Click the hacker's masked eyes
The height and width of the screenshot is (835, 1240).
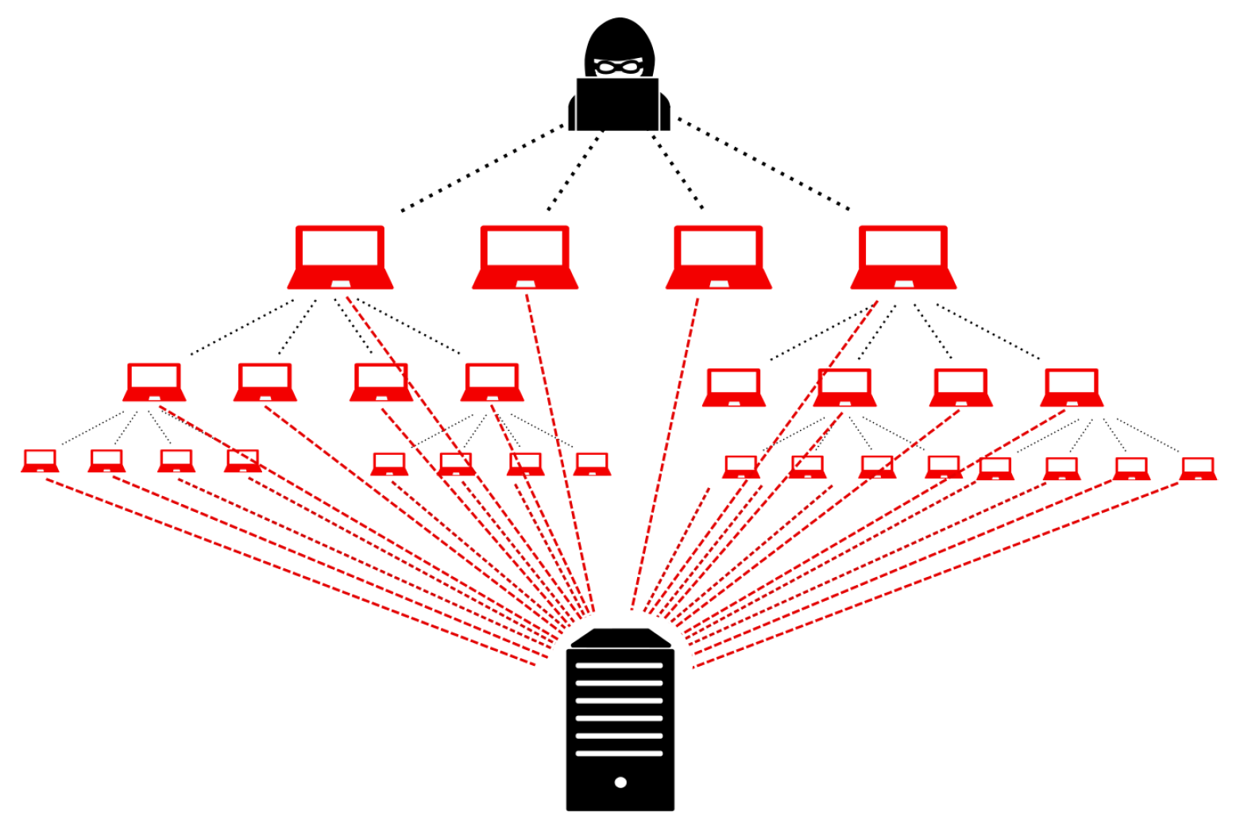point(619,67)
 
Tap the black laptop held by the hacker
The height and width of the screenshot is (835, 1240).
point(617,104)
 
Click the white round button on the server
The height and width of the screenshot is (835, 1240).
point(620,783)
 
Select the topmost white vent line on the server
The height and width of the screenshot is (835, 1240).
point(619,665)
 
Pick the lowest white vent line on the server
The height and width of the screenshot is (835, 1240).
point(619,753)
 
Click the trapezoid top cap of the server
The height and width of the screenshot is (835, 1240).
point(620,638)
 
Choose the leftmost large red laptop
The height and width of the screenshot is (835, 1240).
point(340,257)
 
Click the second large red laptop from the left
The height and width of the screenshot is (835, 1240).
point(525,257)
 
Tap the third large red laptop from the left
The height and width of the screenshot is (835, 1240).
point(718,257)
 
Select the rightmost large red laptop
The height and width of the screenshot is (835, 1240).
point(903,257)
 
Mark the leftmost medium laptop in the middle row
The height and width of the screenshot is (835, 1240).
point(154,383)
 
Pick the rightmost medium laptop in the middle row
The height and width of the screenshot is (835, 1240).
point(1072,387)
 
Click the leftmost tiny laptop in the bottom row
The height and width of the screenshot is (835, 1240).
point(40,461)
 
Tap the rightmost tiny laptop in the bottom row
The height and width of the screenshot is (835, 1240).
point(1198,469)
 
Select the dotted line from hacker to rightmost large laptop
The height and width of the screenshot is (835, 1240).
point(763,165)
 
